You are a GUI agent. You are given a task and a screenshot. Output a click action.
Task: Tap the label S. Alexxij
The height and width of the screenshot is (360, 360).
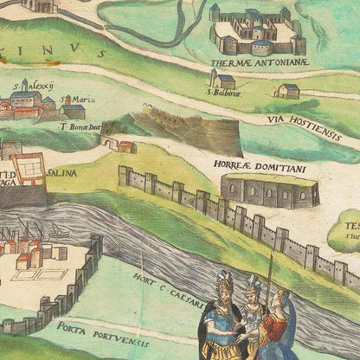point(33,86)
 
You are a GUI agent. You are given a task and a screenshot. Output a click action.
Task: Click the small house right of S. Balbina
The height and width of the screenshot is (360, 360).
point(288,90)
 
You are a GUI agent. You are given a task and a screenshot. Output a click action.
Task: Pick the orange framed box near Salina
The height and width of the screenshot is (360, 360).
point(29,169)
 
